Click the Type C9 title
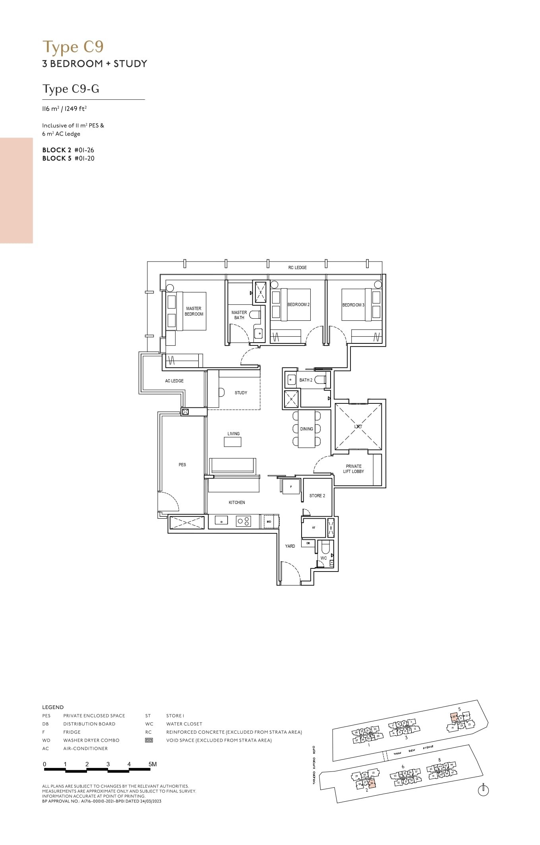pyautogui.click(x=73, y=47)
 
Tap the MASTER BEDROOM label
pyautogui.click(x=194, y=311)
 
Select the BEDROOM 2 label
pyautogui.click(x=298, y=304)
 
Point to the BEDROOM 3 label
pyautogui.click(x=353, y=305)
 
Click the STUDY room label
pyautogui.click(x=241, y=393)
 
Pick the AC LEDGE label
pyautogui.click(x=174, y=381)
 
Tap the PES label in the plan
pyautogui.click(x=182, y=465)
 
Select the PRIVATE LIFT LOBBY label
pyautogui.click(x=354, y=469)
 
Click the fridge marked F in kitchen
pyautogui.click(x=291, y=486)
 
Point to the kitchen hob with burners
pyautogui.click(x=243, y=521)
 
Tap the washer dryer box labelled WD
pyautogui.click(x=269, y=521)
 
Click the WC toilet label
pyautogui.click(x=323, y=558)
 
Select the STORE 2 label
pyautogui.click(x=317, y=496)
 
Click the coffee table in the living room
pyautogui.click(x=232, y=442)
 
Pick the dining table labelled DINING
pyautogui.click(x=306, y=429)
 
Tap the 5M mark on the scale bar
pyautogui.click(x=152, y=764)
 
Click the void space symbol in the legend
pyautogui.click(x=149, y=740)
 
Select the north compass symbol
pyautogui.click(x=483, y=791)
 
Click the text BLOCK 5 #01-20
pyautogui.click(x=68, y=158)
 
